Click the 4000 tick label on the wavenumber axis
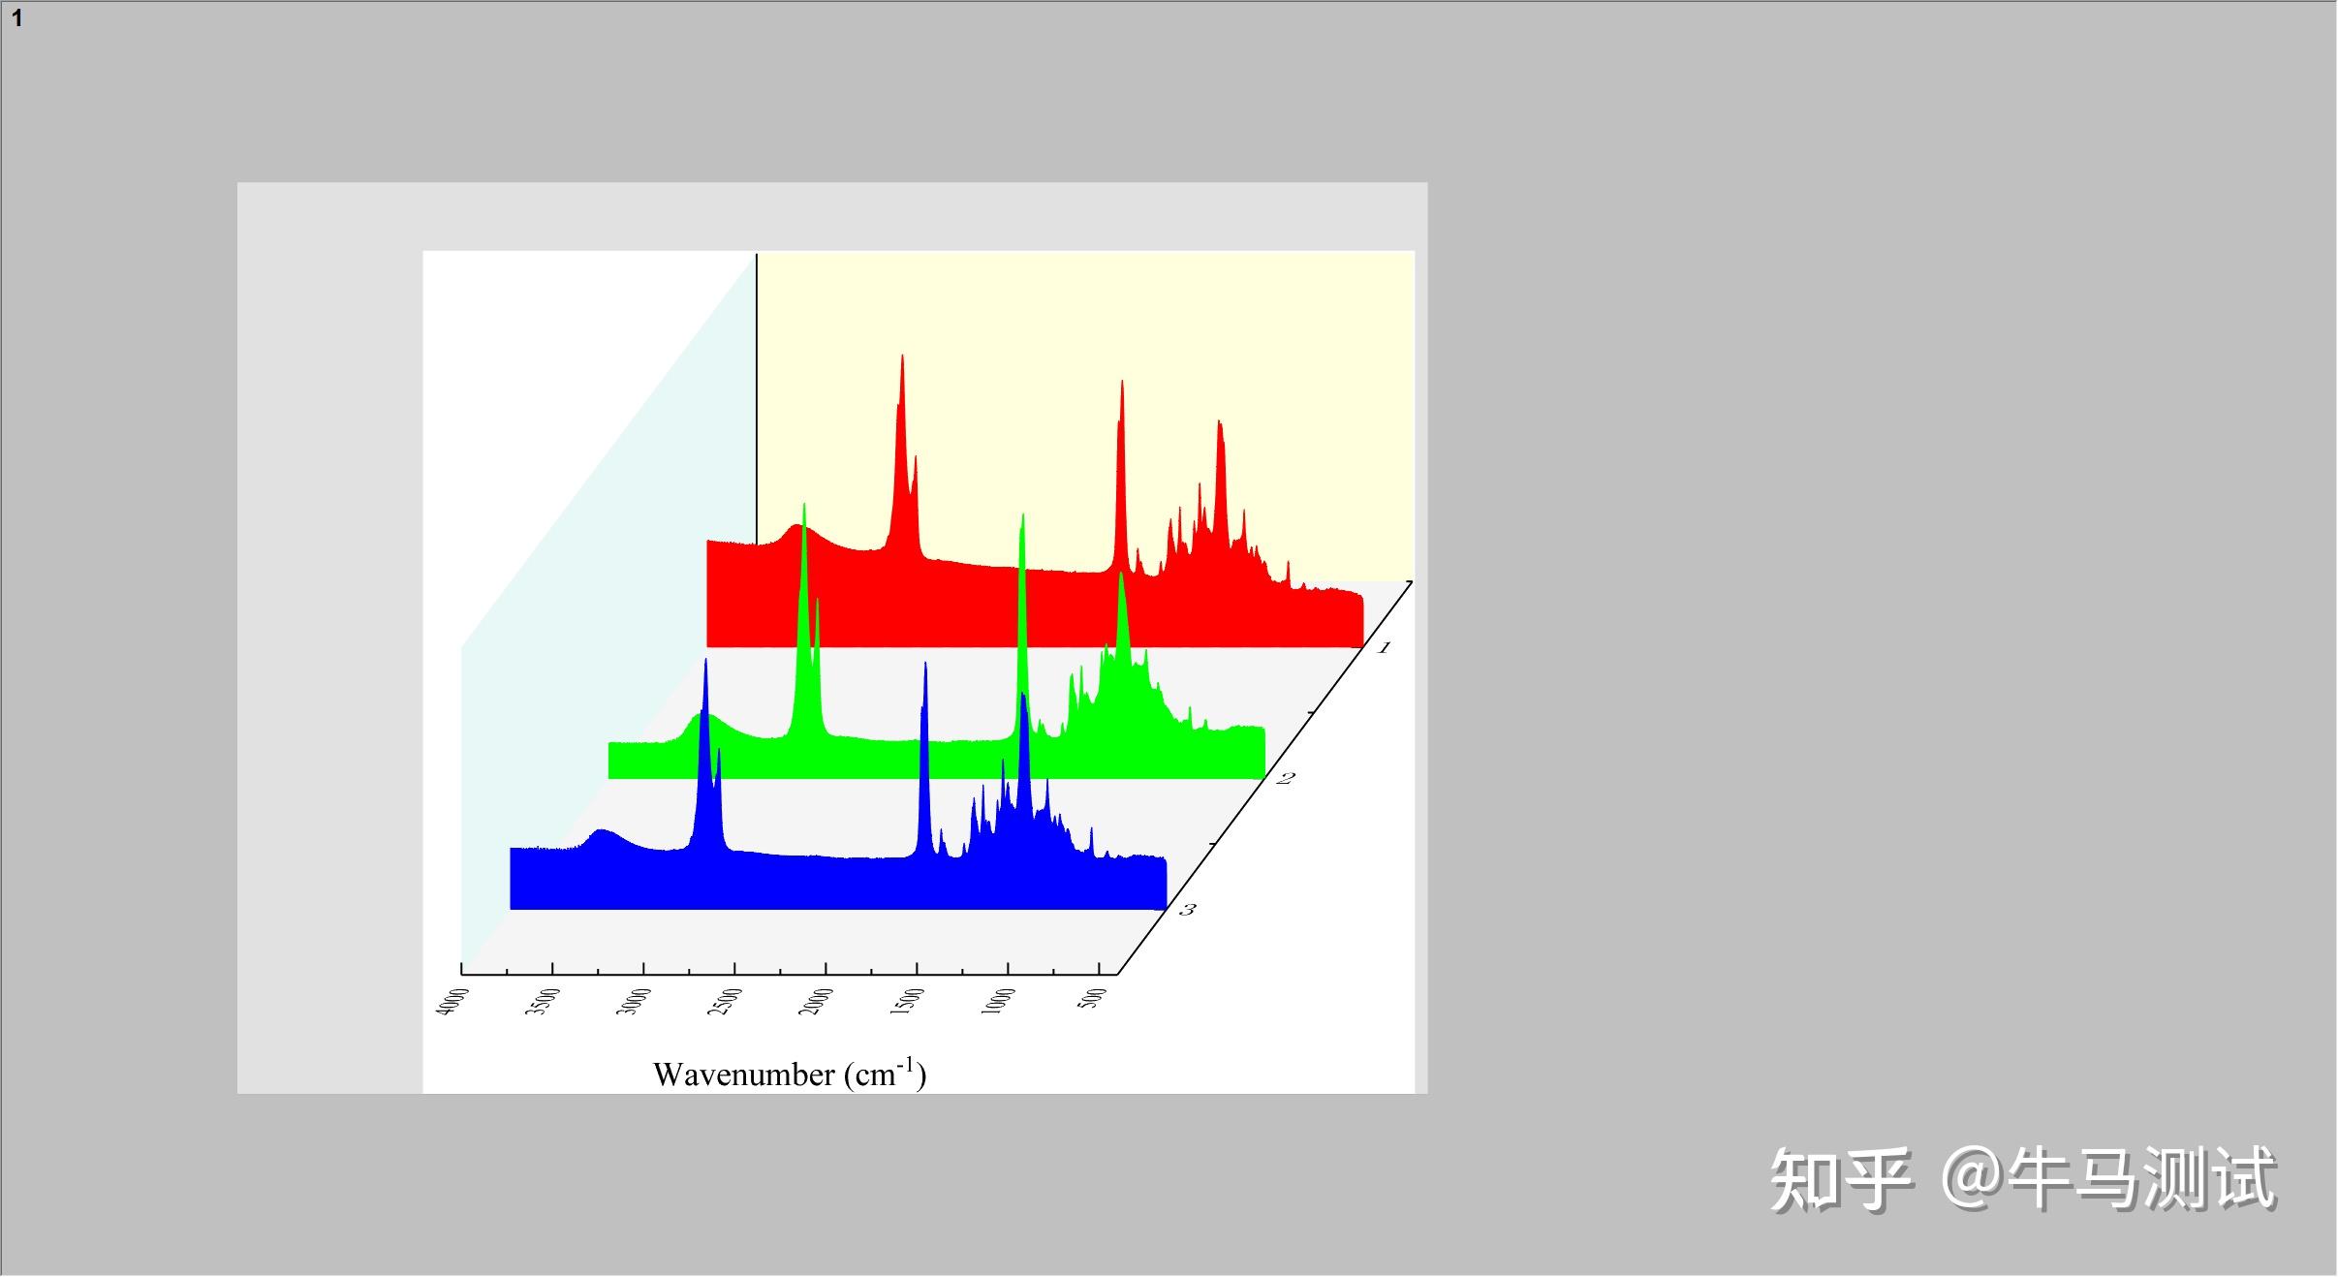pyautogui.click(x=453, y=1002)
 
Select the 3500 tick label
pyautogui.click(x=544, y=1002)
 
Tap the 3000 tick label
pyautogui.click(x=635, y=1002)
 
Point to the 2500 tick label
pyautogui.click(x=726, y=1002)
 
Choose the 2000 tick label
pyautogui.click(x=817, y=1002)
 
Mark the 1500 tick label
pyautogui.click(x=908, y=1002)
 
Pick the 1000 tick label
pyautogui.click(x=999, y=1002)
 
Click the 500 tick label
pyautogui.click(x=1093, y=999)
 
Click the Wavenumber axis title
pyautogui.click(x=790, y=1074)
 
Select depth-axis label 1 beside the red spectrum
pyautogui.click(x=1385, y=647)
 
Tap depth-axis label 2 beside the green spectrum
pyautogui.click(x=1286, y=778)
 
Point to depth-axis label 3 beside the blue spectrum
pyautogui.click(x=1188, y=909)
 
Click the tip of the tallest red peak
pyautogui.click(x=902, y=356)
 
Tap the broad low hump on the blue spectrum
pyautogui.click(x=603, y=832)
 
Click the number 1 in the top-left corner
pyautogui.click(x=17, y=18)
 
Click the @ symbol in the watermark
pyautogui.click(x=1973, y=1178)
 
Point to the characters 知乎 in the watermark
pyautogui.click(x=1841, y=1178)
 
